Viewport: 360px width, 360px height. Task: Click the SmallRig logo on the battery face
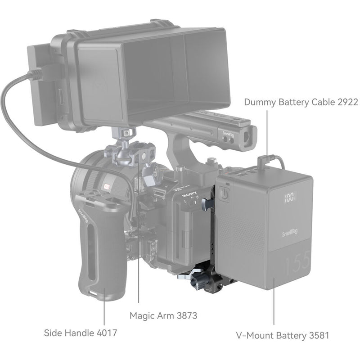(x=289, y=233)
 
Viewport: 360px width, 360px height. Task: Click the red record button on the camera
(x=108, y=186)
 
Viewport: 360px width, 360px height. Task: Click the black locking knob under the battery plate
(x=197, y=283)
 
